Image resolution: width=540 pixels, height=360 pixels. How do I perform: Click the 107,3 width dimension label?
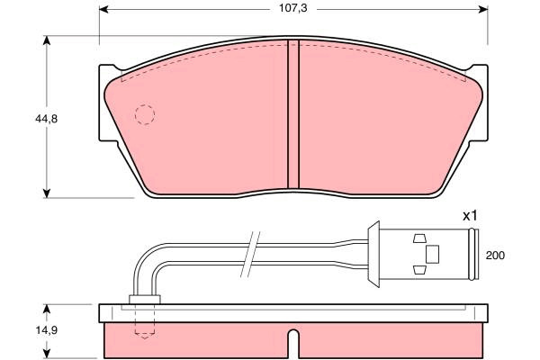pos(292,9)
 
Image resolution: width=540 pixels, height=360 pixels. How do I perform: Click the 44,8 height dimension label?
pos(46,119)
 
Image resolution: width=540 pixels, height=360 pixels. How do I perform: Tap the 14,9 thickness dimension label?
pos(46,330)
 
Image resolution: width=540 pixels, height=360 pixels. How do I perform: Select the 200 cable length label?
pos(495,256)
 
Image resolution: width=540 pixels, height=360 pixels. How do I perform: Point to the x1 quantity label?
pos(470,216)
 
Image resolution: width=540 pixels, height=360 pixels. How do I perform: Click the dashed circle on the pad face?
pos(145,114)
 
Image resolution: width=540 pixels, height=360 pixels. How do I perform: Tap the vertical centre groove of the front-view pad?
pos(293,114)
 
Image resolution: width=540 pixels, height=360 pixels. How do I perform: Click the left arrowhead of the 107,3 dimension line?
pos(104,9)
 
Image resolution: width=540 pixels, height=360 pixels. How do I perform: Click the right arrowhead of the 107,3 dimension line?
pos(482,9)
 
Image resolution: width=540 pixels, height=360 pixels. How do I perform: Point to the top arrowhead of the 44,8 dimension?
pos(47,40)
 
